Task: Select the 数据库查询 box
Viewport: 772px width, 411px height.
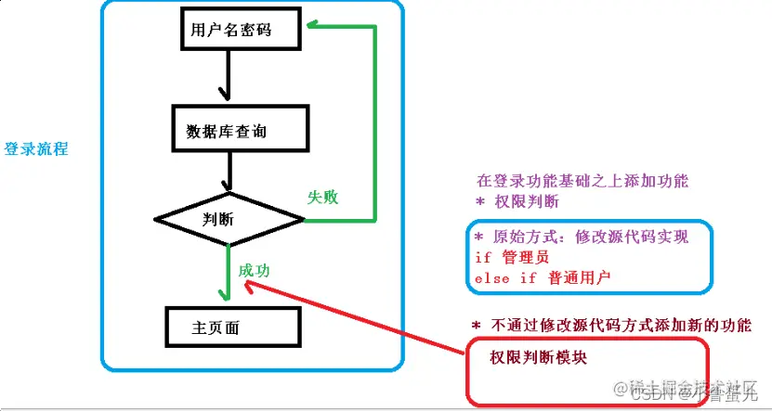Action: click(240, 130)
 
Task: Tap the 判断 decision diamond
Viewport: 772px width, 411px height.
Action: click(229, 220)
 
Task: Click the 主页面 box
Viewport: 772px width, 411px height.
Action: click(232, 328)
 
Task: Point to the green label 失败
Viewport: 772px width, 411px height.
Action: click(322, 197)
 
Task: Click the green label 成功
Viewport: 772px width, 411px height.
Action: click(255, 270)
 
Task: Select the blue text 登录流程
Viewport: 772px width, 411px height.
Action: click(36, 148)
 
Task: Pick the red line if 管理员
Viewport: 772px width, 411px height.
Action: click(512, 257)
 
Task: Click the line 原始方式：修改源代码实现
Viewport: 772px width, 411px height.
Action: click(582, 238)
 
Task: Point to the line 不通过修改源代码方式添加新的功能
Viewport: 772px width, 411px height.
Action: click(621, 326)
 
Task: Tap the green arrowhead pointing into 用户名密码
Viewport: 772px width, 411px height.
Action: click(314, 27)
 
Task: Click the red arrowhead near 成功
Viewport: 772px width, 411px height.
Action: click(252, 286)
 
